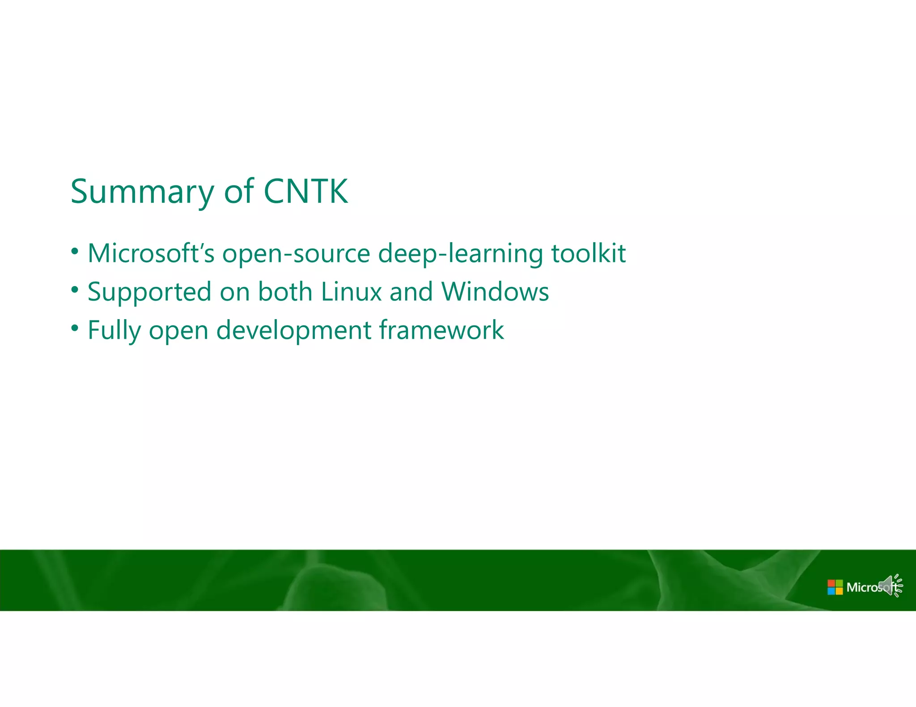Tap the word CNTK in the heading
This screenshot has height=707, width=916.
coord(305,191)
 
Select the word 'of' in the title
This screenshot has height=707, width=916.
coord(239,191)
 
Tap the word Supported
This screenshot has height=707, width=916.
coord(149,292)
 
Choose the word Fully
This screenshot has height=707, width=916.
coord(114,331)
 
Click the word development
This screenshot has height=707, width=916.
coord(293,331)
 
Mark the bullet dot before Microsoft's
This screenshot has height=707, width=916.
coord(75,251)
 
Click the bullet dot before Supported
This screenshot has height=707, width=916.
coord(75,290)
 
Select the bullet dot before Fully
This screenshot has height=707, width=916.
coord(75,328)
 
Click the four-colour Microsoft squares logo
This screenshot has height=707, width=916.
coord(835,587)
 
